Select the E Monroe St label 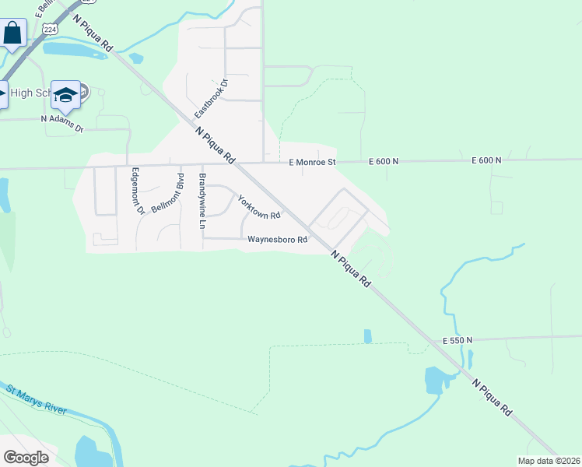[311, 163]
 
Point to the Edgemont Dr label [137, 191]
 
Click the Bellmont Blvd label [167, 197]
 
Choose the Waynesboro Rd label [277, 240]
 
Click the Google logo [26, 457]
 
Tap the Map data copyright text [549, 461]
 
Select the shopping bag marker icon [12, 33]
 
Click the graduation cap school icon [66, 94]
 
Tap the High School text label [31, 93]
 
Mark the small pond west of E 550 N [367, 336]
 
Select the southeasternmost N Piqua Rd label [493, 398]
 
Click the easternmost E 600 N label [486, 160]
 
